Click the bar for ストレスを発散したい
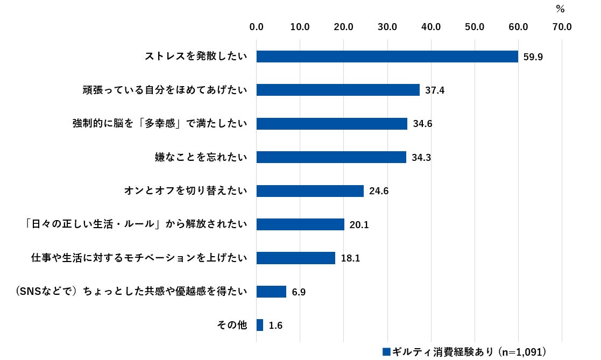387,57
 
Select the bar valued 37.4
338,90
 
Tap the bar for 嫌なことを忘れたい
331,157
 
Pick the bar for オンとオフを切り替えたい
310,191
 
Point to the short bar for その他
260,325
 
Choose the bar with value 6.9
271,292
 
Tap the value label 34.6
423,124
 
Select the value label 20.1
359,225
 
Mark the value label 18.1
350,258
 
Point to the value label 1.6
275,326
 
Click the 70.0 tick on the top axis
562,26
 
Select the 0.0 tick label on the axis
257,26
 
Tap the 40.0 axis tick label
431,26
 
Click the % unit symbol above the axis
560,9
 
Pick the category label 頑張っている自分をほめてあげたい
161,90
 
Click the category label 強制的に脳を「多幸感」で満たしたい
160,124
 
